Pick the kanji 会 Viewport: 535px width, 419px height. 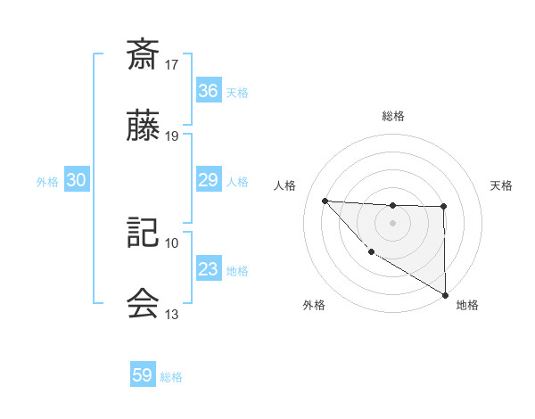click(143, 304)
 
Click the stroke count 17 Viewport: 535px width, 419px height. click(172, 65)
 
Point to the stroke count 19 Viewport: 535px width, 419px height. click(172, 136)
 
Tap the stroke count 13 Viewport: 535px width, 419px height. click(172, 315)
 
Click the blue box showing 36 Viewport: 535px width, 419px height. click(208, 91)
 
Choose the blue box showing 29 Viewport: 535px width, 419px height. click(208, 180)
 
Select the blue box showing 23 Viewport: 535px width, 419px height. click(208, 269)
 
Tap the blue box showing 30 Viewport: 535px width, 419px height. click(76, 180)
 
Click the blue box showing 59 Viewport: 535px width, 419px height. click(143, 375)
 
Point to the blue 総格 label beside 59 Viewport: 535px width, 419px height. click(171, 377)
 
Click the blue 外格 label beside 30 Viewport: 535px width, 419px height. click(47, 182)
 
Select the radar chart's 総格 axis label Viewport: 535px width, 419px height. click(392, 116)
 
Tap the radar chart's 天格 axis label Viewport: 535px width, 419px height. click(501, 185)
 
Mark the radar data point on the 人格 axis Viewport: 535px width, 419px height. click(325, 201)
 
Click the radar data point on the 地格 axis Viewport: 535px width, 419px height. click(445, 295)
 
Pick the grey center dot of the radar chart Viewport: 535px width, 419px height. click(392, 222)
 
